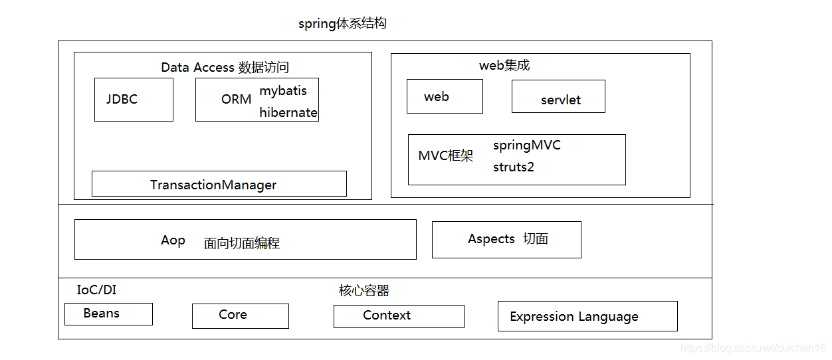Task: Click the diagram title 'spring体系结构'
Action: pos(342,24)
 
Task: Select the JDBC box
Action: pos(134,100)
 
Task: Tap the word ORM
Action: pos(236,100)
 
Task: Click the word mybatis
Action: pos(283,90)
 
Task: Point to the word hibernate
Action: pos(288,112)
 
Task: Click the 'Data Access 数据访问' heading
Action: pos(225,67)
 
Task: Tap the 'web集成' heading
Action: pos(504,65)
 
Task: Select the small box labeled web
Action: pos(445,96)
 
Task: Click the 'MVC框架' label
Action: pos(445,156)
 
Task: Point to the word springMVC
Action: pos(527,145)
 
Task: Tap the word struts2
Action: pos(513,167)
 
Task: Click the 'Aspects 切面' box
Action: pos(506,239)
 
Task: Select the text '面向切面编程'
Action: pos(242,243)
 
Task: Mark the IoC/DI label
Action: pos(96,290)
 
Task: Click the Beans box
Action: pos(108,314)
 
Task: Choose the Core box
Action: pos(240,315)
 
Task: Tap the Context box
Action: pos(399,316)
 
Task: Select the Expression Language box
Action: pos(587,316)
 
